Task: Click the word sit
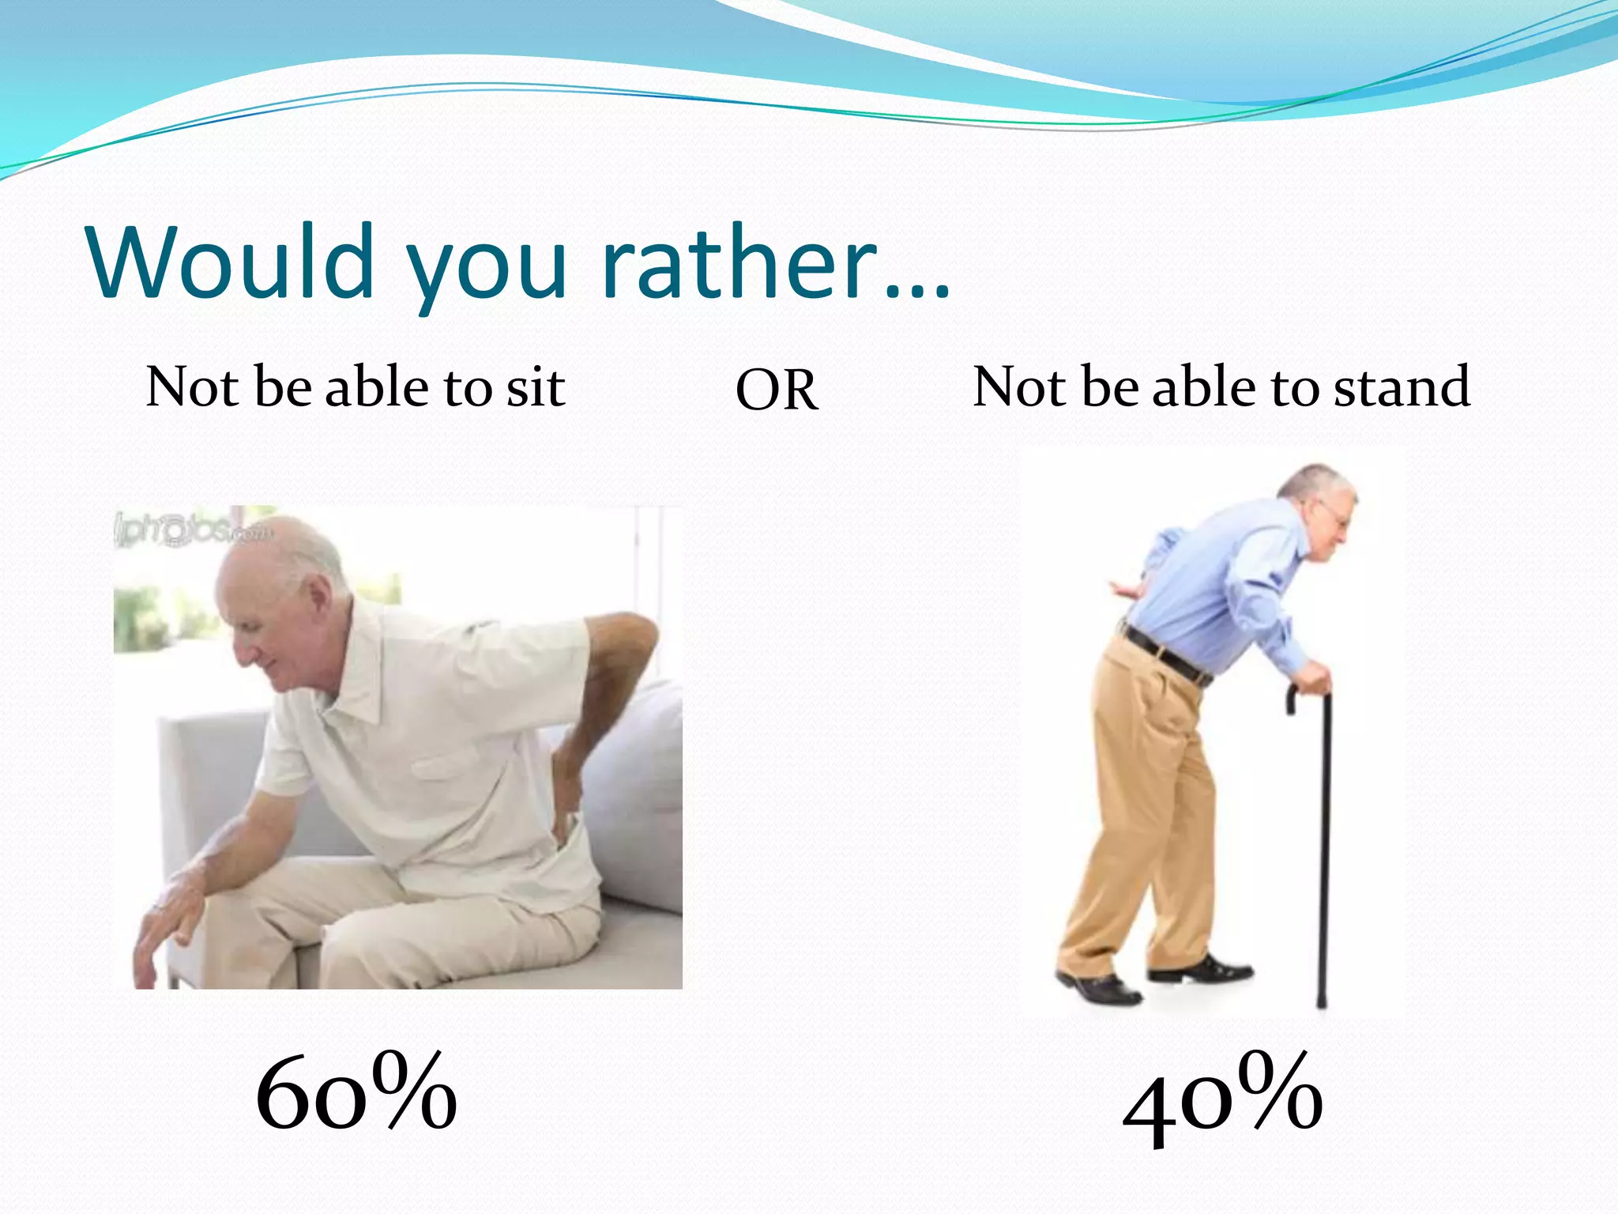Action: [x=535, y=387]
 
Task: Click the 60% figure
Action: [x=356, y=1094]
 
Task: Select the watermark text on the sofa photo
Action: [x=194, y=528]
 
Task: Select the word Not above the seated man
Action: [x=192, y=387]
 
